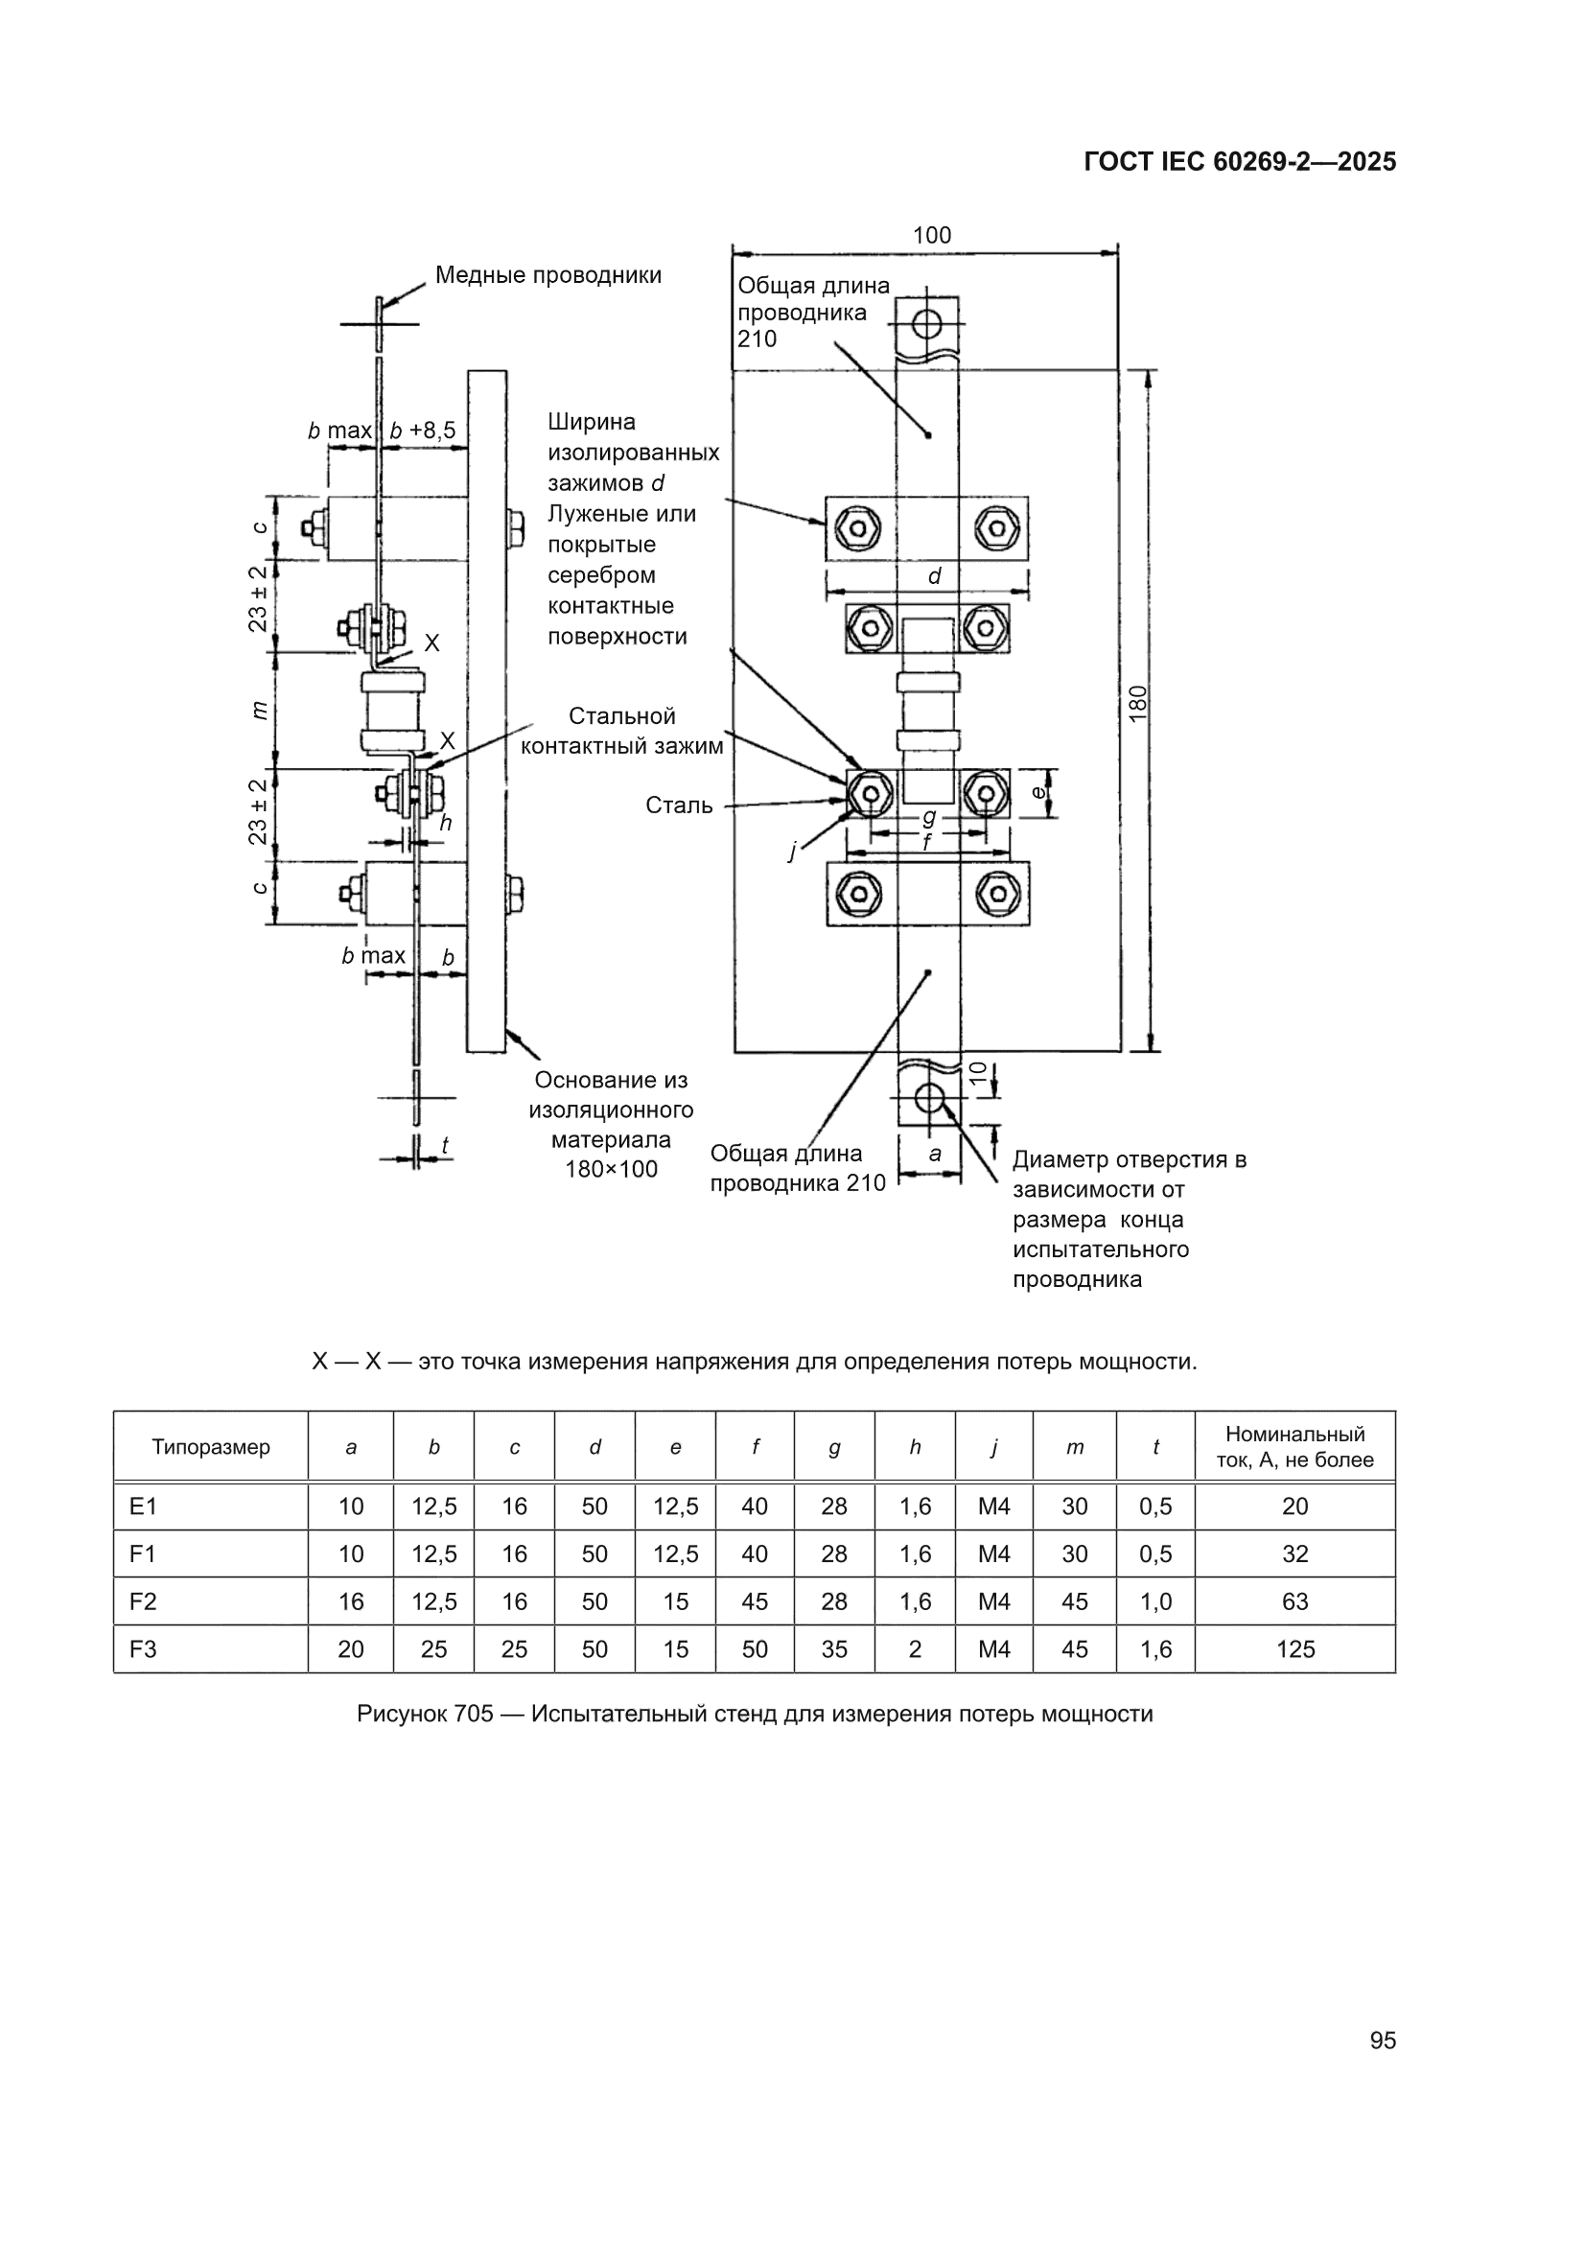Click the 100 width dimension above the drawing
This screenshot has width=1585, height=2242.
(x=931, y=235)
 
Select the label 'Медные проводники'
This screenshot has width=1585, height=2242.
(x=548, y=275)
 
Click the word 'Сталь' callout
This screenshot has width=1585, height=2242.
(x=679, y=806)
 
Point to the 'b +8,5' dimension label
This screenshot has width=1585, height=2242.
(x=423, y=431)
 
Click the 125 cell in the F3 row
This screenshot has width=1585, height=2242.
(x=1295, y=1649)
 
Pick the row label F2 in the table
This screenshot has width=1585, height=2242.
(x=143, y=1601)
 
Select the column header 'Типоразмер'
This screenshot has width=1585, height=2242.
(x=210, y=1447)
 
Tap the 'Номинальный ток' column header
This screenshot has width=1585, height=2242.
(x=1295, y=1447)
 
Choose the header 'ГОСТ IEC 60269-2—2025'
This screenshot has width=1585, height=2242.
(x=1240, y=162)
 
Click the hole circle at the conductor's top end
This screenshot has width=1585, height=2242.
(x=928, y=323)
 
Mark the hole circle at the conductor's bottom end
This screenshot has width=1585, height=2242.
(x=929, y=1098)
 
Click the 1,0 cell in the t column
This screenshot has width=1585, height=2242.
(x=1155, y=1601)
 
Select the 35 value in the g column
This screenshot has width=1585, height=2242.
(x=834, y=1649)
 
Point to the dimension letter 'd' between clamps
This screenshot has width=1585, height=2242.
(x=935, y=576)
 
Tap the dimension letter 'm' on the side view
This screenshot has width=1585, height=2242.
(x=259, y=710)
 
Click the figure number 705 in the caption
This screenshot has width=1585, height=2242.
(x=474, y=1714)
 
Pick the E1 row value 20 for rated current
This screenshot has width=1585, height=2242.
(x=1295, y=1506)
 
